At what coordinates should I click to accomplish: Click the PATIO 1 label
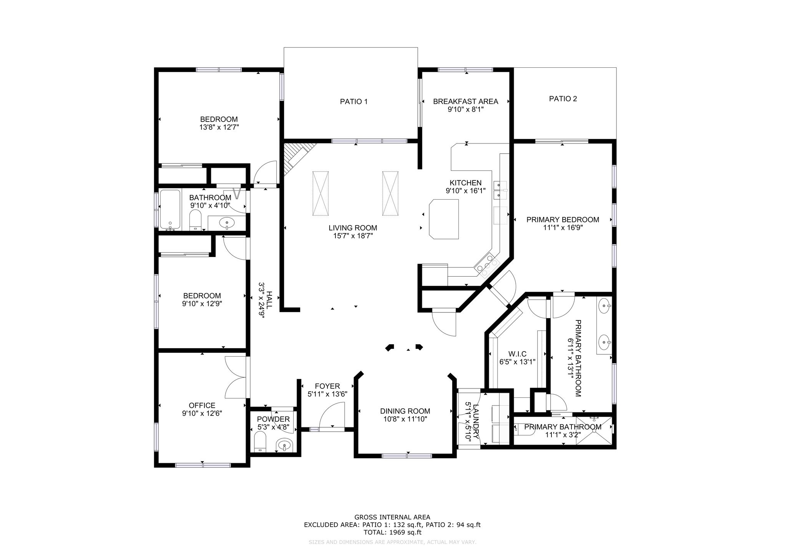tap(354, 102)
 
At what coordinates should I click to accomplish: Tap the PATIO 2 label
tap(563, 99)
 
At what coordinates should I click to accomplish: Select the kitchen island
tap(445, 219)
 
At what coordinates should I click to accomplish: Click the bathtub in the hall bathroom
tap(170, 210)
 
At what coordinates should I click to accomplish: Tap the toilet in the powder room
tap(260, 442)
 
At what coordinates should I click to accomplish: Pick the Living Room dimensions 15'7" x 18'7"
tap(353, 236)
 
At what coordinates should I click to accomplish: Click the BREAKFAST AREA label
tap(465, 102)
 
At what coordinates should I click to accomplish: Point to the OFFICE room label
tap(202, 405)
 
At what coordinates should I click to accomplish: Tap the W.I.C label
tap(517, 354)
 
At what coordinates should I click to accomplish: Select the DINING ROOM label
tap(405, 411)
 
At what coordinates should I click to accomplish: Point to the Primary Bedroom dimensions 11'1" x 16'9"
tap(563, 228)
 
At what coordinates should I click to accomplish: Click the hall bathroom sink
tap(227, 222)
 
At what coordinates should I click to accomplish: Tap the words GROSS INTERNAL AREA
tap(392, 517)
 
